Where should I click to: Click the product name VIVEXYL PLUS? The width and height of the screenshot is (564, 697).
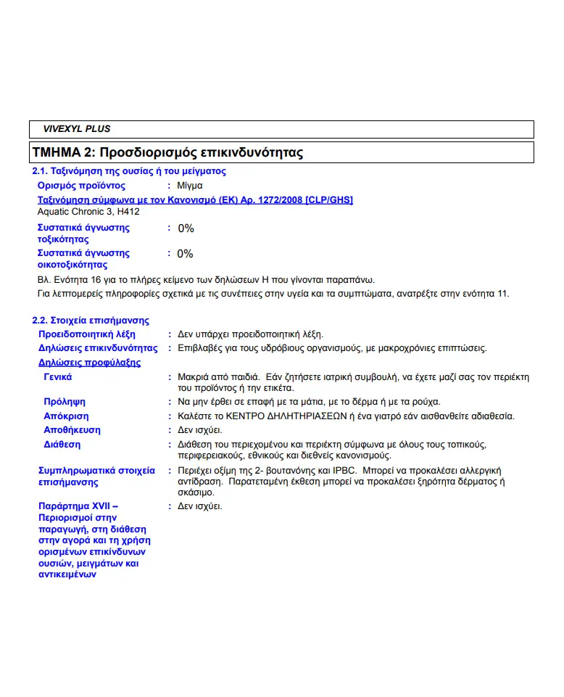pyautogui.click(x=77, y=129)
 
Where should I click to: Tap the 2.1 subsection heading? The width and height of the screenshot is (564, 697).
pyautogui.click(x=129, y=171)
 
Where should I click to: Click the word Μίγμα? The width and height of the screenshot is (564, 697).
pyautogui.click(x=191, y=186)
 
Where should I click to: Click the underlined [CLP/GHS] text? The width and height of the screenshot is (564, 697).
pyautogui.click(x=329, y=199)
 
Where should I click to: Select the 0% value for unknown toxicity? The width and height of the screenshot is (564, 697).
pyautogui.click(x=186, y=228)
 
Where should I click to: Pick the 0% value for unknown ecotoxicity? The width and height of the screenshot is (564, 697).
pyautogui.click(x=186, y=254)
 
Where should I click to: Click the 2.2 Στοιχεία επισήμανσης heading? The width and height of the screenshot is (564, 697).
pyautogui.click(x=91, y=320)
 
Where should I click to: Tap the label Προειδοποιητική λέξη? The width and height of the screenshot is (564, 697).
pyautogui.click(x=86, y=334)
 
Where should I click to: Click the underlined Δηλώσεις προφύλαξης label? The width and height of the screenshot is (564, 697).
pyautogui.click(x=89, y=363)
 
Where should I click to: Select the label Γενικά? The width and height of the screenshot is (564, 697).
pyautogui.click(x=58, y=377)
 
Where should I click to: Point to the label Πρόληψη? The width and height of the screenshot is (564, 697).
pyautogui.click(x=65, y=401)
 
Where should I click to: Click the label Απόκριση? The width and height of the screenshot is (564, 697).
pyautogui.click(x=66, y=416)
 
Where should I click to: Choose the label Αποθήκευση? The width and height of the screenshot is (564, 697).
pyautogui.click(x=72, y=430)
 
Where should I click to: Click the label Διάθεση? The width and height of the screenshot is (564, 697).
pyautogui.click(x=62, y=444)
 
